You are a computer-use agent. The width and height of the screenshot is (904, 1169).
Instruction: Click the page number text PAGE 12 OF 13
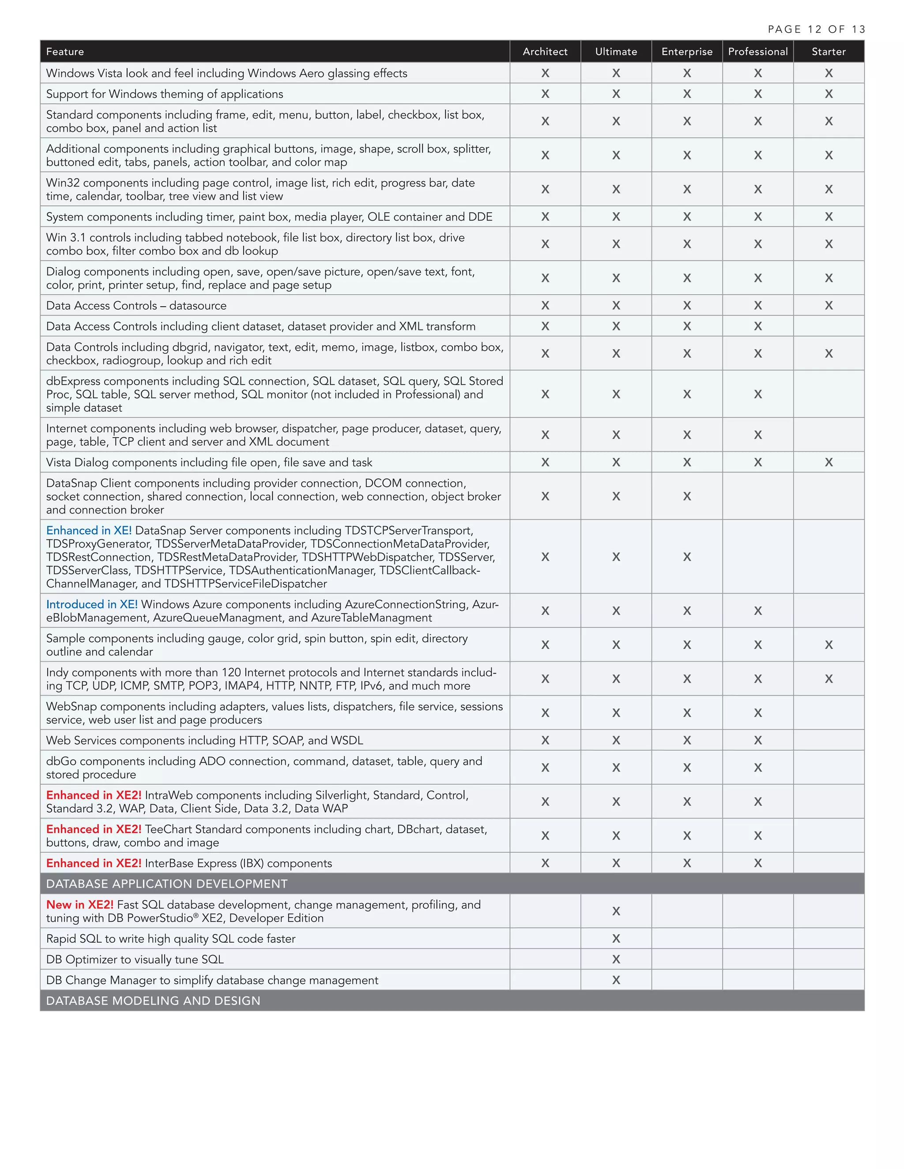816,30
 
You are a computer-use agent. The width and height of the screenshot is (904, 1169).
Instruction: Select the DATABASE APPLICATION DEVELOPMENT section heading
166,884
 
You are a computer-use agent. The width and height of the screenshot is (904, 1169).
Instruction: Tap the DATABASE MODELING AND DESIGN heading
153,1000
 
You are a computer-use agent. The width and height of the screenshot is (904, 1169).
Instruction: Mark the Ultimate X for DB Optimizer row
616,959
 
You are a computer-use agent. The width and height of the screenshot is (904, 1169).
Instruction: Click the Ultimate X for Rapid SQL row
616,938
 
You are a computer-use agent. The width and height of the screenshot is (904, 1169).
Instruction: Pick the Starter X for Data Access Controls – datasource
829,305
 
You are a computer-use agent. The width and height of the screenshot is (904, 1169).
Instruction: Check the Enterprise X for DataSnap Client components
686,496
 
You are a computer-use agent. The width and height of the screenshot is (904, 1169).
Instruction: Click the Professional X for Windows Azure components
758,611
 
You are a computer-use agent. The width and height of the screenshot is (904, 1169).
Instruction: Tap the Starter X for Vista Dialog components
829,462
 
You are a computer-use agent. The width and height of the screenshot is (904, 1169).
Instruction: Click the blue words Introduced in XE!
91,604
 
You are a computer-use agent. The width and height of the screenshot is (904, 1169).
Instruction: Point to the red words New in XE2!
80,905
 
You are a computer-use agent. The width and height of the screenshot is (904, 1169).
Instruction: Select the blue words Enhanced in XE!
89,530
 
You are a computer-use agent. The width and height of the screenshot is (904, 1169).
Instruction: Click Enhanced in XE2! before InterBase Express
94,863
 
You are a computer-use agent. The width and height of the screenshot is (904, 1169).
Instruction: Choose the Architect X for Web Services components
545,740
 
